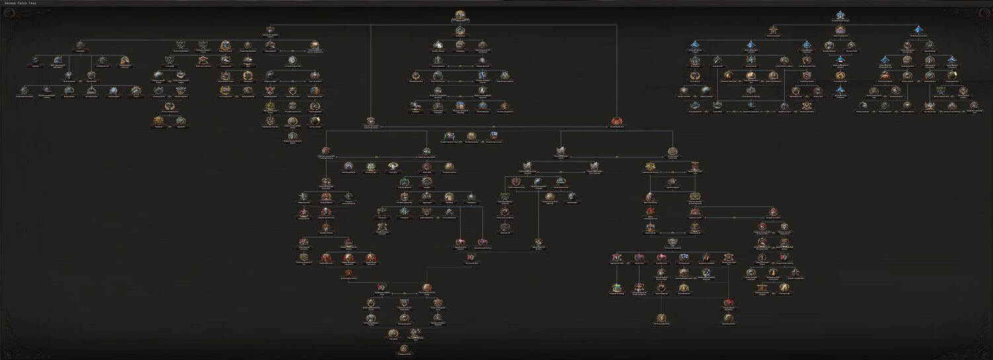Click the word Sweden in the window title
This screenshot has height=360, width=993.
tap(9, 3)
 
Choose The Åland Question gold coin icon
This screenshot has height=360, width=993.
tap(471, 136)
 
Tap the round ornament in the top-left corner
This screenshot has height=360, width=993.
tap(8, 14)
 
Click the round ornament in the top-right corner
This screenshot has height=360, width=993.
tap(985, 14)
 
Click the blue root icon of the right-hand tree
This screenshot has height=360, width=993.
tap(840, 15)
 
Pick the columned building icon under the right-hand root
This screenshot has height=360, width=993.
tap(840, 30)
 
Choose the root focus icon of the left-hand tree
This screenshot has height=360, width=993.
tap(270, 30)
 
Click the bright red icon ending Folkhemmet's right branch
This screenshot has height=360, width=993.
tap(617, 121)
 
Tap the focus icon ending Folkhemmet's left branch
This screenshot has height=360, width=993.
tap(370, 121)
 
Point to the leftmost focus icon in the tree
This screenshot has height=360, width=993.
tap(25, 91)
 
